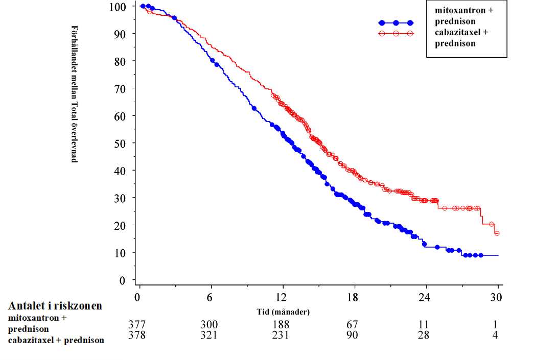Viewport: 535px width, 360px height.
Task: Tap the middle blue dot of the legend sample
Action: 396,23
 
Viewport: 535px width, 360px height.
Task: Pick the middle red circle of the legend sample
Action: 396,34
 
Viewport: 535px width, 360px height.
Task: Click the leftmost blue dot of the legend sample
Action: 381,23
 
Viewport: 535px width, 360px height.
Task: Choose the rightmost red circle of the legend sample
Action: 410,34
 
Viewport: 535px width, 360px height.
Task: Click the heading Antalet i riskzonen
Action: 55,306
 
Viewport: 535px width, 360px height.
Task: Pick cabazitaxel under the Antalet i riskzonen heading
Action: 30,340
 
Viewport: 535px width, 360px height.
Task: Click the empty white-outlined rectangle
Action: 74,126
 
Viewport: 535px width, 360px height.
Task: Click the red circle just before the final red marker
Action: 492,224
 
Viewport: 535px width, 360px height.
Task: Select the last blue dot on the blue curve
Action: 481,255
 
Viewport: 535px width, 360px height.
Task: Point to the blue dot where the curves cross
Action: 174,18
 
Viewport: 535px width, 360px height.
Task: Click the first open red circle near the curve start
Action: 150,11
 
